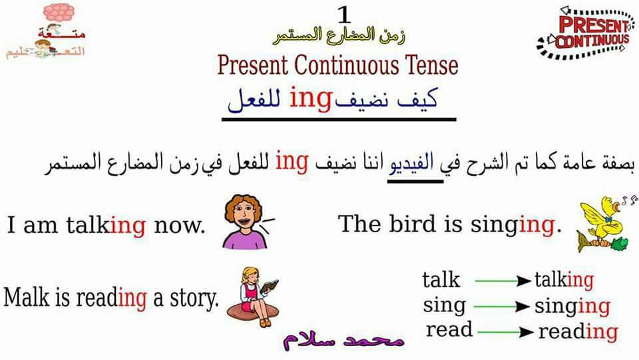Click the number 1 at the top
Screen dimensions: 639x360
point(344,15)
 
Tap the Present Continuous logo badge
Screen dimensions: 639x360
point(586,32)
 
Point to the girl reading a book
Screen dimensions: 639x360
point(253,297)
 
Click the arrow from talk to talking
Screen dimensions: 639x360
point(503,281)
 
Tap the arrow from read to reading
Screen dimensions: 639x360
point(505,332)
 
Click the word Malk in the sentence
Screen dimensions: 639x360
point(27,297)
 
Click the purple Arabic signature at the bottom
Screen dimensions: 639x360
point(344,339)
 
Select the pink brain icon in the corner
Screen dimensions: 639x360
point(59,12)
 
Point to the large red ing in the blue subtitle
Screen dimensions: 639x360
point(311,99)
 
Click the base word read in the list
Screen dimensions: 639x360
point(449,329)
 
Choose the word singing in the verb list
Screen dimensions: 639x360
point(572,307)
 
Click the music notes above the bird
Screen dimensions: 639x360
point(629,200)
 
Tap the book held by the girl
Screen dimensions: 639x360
point(270,286)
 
